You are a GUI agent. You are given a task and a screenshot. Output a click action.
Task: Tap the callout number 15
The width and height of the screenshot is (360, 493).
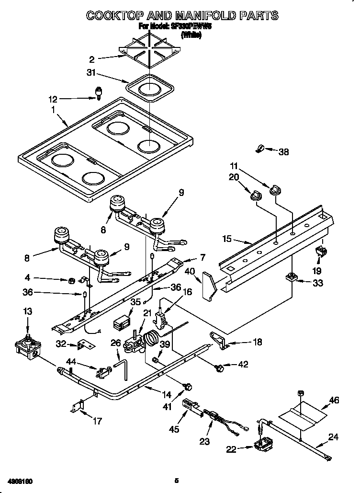(227, 238)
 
